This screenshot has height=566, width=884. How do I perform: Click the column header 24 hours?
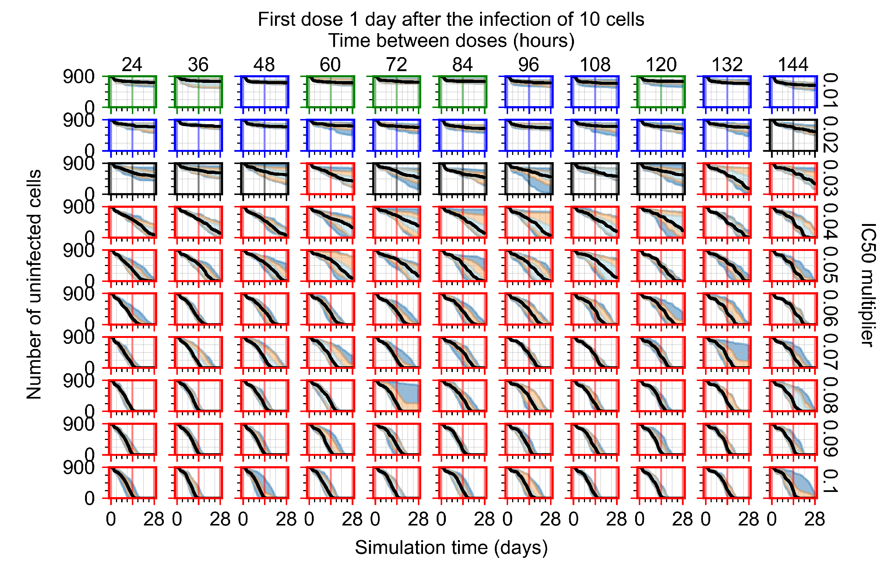[132, 65]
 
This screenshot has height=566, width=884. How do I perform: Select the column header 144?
[793, 65]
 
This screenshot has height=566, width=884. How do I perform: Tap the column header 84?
[462, 65]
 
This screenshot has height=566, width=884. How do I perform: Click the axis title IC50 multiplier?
[868, 285]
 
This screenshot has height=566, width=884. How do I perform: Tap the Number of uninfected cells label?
[34, 284]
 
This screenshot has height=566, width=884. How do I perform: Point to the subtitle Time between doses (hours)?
[451, 41]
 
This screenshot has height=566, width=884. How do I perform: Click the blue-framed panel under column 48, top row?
[264, 92]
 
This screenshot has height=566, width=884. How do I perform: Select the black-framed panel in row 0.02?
[793, 135]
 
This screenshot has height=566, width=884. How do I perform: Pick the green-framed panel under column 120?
[661, 92]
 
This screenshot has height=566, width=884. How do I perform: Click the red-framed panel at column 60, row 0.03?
[331, 179]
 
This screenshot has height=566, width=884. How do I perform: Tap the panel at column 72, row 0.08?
[397, 395]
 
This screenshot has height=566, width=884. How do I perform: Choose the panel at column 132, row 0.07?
[727, 352]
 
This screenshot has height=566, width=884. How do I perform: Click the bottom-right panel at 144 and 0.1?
[793, 482]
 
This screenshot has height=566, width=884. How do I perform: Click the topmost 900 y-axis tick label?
[78, 77]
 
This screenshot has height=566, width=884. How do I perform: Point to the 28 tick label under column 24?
[154, 519]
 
